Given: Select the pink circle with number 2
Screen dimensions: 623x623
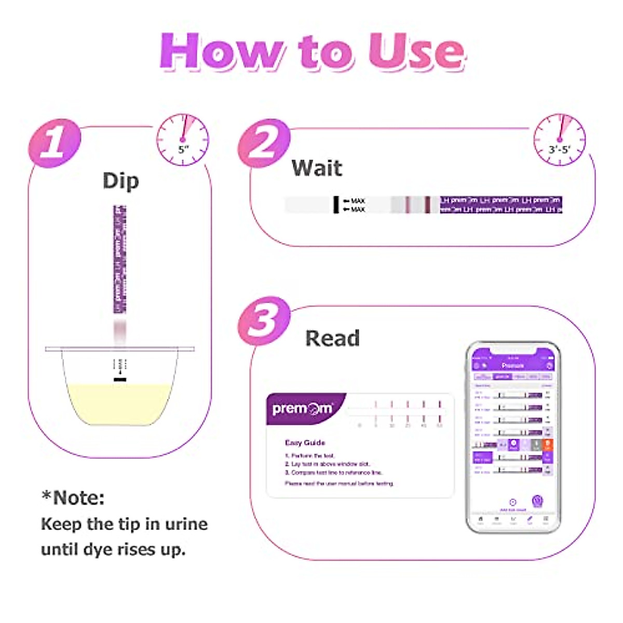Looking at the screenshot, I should [264, 143].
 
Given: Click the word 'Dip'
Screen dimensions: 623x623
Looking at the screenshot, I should [120, 181].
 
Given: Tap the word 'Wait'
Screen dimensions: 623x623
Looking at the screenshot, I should [316, 168].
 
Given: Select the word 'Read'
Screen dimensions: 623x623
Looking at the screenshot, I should [332, 338].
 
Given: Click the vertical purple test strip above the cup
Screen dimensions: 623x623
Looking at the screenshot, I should [120, 260].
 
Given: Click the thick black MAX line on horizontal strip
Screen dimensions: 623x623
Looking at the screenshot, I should [336, 205].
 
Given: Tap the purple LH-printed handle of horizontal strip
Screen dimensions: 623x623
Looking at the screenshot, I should [501, 205].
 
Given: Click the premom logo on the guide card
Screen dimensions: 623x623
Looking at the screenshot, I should [302, 409].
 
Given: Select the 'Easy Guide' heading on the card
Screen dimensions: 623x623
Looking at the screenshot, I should [305, 443].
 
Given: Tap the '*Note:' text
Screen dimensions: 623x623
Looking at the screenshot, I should [73, 498].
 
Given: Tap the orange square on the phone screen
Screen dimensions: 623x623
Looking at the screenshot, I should [547, 445].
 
